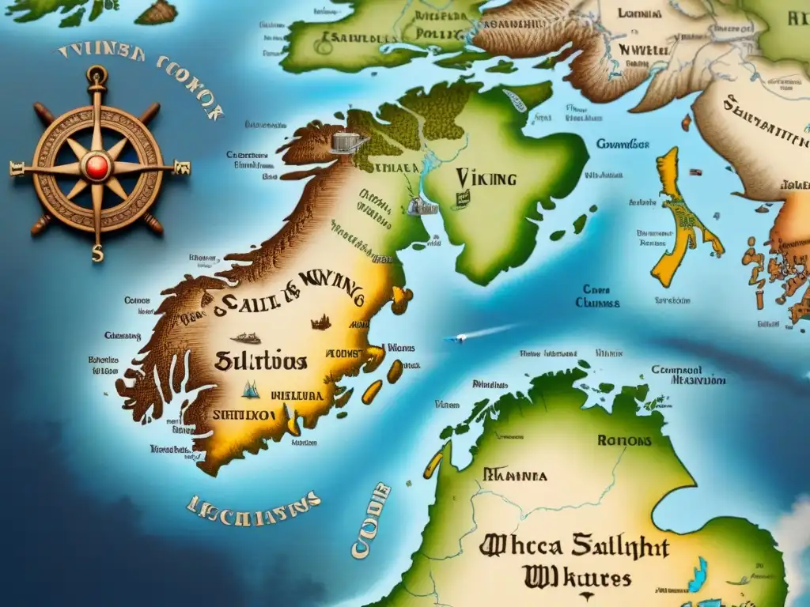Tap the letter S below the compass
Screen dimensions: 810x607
[x=97, y=255]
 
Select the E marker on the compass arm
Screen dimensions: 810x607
[x=184, y=167]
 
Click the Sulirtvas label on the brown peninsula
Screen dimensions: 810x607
[x=260, y=360]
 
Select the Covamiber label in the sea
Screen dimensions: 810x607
[x=623, y=145]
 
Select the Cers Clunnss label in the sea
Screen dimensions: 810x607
[x=597, y=296]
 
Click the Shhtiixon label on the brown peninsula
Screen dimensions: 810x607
[x=243, y=413]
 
